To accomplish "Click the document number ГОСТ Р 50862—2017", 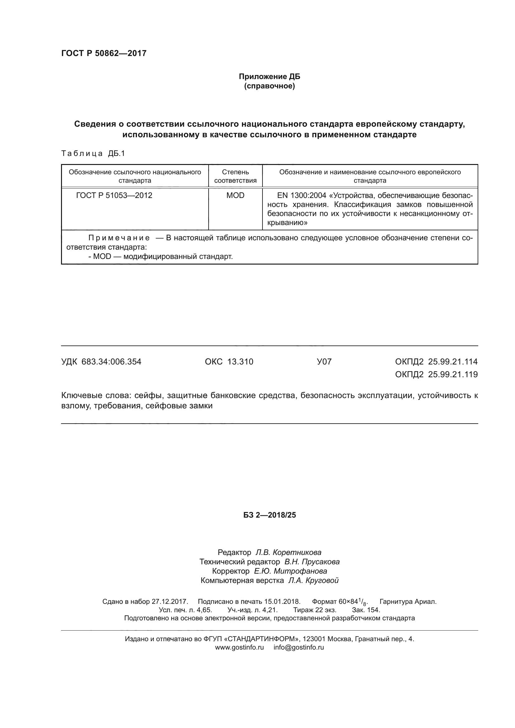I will point(104,53).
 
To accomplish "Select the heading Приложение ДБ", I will point(269,77).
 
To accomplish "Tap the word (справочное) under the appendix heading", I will point(269,86).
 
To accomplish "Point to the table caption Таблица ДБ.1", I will point(93,154).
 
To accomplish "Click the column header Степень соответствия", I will point(235,176).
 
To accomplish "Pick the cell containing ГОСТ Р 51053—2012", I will point(114,195).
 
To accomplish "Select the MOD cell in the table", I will point(235,195).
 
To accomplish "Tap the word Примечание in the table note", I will point(119,238).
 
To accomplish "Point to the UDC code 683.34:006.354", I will point(111,362).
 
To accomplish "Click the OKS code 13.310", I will point(240,362).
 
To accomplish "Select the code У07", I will point(324,362).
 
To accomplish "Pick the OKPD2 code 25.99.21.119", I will point(452,375).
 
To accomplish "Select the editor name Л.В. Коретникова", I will point(288,553).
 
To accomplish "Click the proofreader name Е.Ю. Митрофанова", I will point(291,571).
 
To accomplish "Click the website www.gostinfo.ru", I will point(239,647).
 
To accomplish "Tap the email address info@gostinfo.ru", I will point(299,647).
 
